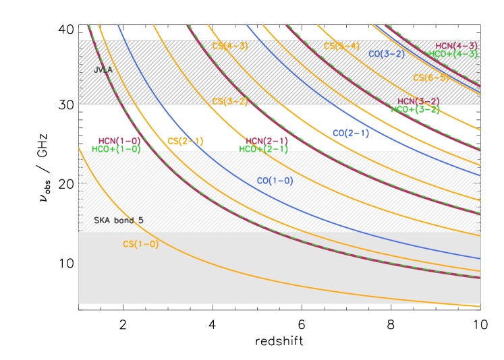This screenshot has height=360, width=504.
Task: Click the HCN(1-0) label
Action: (x=119, y=141)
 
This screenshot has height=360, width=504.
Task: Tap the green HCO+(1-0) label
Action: (x=116, y=149)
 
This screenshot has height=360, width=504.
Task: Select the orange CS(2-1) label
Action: (x=186, y=141)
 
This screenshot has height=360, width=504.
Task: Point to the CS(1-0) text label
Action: (x=141, y=244)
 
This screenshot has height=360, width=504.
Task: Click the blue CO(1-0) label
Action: (x=275, y=181)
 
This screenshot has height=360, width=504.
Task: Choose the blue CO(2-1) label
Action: (x=351, y=133)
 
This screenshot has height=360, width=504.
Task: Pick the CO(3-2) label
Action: (x=387, y=54)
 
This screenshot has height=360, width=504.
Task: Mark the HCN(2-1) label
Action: (x=267, y=141)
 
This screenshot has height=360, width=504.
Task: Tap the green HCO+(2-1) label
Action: (x=264, y=149)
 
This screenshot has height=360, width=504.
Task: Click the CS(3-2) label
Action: (x=231, y=102)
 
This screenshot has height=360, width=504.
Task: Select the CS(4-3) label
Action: (x=230, y=47)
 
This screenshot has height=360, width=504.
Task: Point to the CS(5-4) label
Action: (x=342, y=47)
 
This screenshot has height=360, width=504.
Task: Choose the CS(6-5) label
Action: (x=432, y=78)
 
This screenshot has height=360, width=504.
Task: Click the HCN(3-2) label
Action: (x=418, y=102)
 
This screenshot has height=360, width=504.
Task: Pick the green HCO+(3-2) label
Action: (x=416, y=109)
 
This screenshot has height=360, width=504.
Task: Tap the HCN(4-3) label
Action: (x=457, y=46)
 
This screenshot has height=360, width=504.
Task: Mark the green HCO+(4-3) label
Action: (x=453, y=54)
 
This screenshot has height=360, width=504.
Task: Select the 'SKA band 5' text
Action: (x=119, y=220)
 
